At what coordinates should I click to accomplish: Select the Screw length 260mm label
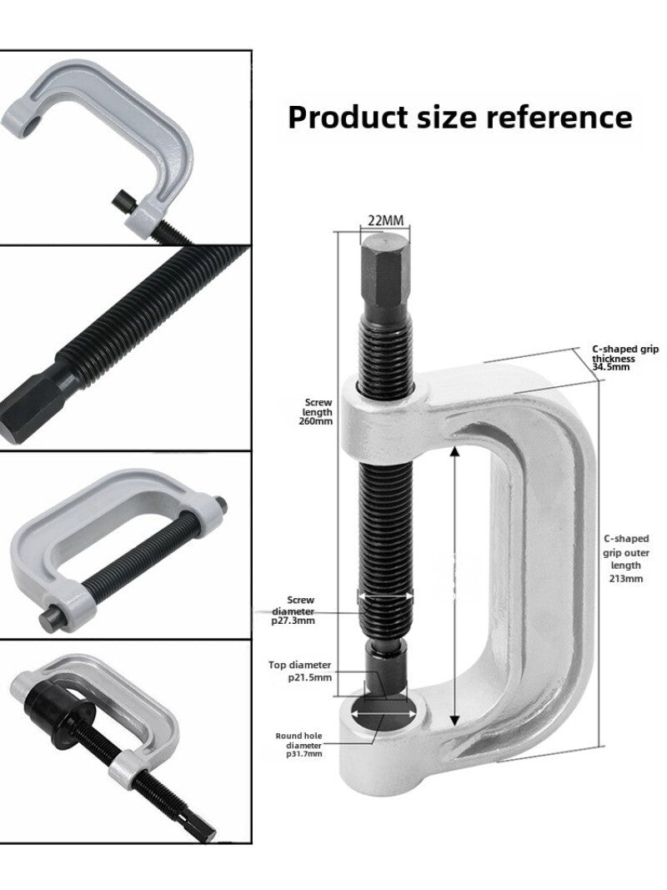coord(318,412)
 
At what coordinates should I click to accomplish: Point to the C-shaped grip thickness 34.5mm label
coord(624,358)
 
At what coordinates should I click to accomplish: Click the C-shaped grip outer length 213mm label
coord(625,558)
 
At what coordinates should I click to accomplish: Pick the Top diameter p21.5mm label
coord(300,671)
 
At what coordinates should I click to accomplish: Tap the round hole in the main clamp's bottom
coord(384,715)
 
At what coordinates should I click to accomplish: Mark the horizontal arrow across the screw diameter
coord(385,596)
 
